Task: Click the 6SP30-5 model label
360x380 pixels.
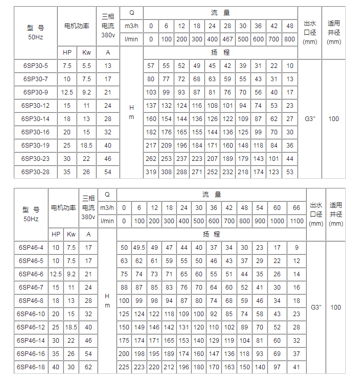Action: [35, 66]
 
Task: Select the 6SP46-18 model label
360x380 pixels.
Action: [30, 367]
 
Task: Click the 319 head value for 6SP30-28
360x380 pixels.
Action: [151, 172]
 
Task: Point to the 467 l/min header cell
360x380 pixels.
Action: [228, 39]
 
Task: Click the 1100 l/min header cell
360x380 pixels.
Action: [297, 221]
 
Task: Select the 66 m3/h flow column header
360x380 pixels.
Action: [297, 207]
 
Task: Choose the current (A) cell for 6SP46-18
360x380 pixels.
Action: [88, 367]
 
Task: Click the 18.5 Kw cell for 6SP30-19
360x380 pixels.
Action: [86, 146]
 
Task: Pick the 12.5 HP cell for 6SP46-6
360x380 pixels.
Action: [56, 274]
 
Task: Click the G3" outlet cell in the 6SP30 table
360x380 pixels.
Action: [310, 119]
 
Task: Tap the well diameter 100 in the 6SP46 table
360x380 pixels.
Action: [335, 307]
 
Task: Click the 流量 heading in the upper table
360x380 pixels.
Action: [220, 12]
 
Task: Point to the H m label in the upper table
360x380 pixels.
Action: [131, 112]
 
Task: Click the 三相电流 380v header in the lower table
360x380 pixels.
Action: [88, 207]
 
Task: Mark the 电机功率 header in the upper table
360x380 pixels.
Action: [76, 25]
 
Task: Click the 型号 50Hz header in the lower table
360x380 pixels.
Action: [31, 213]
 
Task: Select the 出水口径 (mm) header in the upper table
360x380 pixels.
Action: [310, 32]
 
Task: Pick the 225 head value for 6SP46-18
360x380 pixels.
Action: [124, 367]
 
